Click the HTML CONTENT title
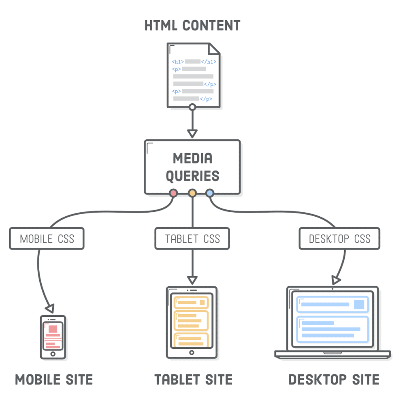(192, 25)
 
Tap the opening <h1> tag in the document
(178, 62)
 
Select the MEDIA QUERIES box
(192, 166)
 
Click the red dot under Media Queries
(174, 193)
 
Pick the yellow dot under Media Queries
(192, 193)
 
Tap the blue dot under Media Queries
(209, 193)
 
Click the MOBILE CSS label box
(47, 239)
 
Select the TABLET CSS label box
(192, 239)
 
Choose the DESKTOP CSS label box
(339, 239)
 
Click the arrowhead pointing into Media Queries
(192, 133)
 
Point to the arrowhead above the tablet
(192, 279)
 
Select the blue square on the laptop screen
(358, 305)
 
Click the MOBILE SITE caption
(54, 380)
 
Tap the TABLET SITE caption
(194, 380)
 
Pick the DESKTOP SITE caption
(334, 380)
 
